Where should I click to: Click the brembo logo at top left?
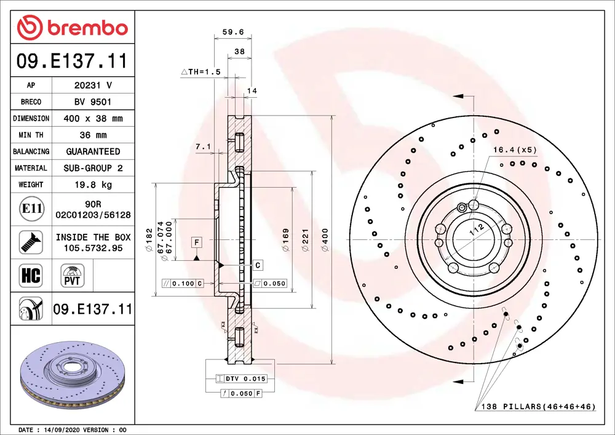73,28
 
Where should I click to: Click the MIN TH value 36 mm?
93,135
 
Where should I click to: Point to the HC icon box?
31,275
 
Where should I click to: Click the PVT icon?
73,274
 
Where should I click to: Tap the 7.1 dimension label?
203,146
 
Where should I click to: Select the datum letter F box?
197,242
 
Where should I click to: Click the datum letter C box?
258,265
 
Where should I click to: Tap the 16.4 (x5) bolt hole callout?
514,150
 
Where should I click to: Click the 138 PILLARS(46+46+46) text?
538,407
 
